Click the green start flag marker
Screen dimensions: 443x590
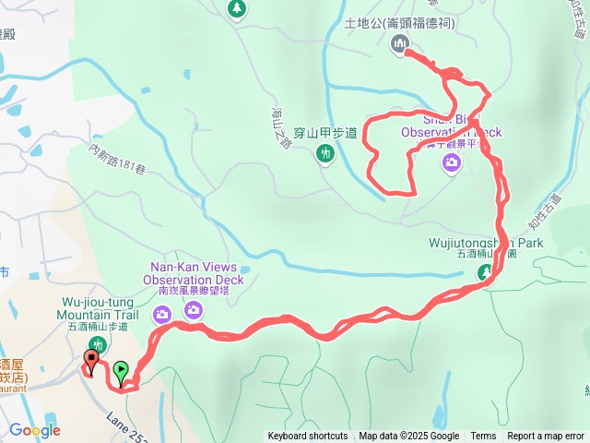click(x=121, y=371)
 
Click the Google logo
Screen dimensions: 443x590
click(x=34, y=430)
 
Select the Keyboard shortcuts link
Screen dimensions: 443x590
click(x=308, y=437)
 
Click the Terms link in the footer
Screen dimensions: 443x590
click(x=483, y=437)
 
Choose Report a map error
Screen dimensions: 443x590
click(x=546, y=437)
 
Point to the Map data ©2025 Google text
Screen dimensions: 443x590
click(x=408, y=437)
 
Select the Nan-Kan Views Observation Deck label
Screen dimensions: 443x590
click(x=192, y=273)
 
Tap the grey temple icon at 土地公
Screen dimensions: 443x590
click(x=401, y=43)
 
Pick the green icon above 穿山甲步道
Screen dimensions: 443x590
click(x=325, y=154)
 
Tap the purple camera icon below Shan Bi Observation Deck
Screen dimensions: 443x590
click(x=451, y=163)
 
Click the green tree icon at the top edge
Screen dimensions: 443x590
click(x=237, y=8)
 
